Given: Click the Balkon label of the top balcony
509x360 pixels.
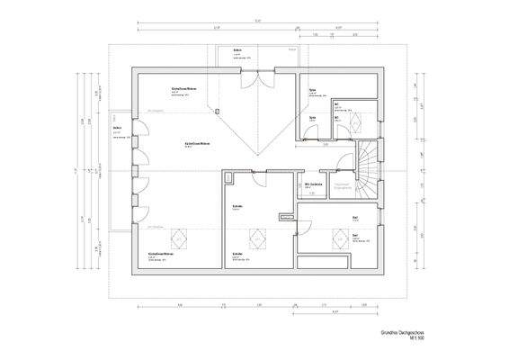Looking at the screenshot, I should [x=237, y=49].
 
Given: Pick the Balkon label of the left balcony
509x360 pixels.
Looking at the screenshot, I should [x=117, y=128].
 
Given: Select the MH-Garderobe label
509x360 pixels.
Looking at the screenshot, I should [x=313, y=184].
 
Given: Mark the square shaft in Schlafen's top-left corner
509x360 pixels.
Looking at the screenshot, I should [x=228, y=175].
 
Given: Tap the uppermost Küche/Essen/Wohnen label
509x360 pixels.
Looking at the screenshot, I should [x=185, y=89].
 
